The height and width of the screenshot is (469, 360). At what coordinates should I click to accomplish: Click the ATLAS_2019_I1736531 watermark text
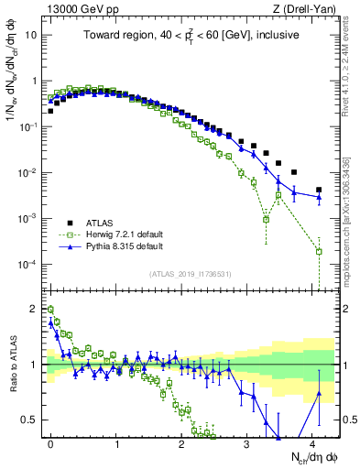click(189, 273)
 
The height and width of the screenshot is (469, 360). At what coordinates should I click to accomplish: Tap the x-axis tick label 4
click(311, 441)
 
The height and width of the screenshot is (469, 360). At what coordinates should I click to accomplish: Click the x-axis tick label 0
click(50, 441)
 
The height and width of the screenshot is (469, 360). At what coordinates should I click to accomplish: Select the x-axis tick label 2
click(181, 441)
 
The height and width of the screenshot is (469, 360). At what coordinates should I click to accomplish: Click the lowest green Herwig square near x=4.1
click(319, 251)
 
